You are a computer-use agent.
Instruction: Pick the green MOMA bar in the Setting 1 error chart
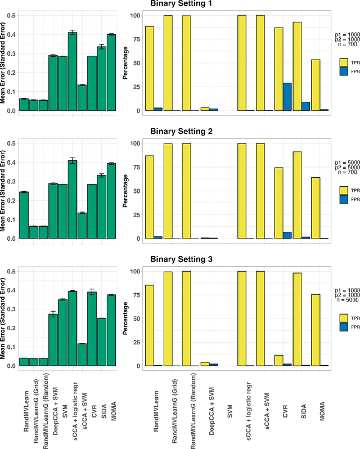(111, 73)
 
